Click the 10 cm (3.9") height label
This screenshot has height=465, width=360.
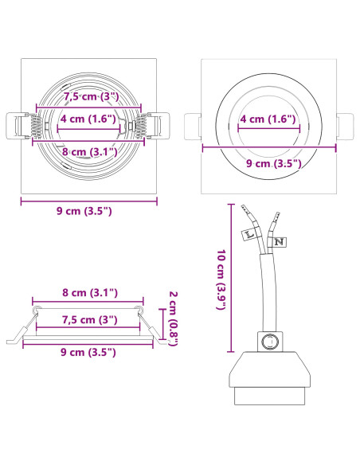[x=221, y=279]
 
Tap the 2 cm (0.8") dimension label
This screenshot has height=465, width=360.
[x=173, y=318]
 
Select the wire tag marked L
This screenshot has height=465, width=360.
[x=248, y=234]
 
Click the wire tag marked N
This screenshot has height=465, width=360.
[x=279, y=242]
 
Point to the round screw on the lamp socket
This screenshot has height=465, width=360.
[x=270, y=342]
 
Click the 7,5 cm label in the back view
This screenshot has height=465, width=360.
[x=92, y=96]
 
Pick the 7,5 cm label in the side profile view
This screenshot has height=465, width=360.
[x=89, y=320]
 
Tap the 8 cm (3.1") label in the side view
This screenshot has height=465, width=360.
[x=90, y=293]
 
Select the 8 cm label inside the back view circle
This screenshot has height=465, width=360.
[x=89, y=152]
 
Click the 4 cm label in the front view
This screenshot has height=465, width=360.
[x=268, y=119]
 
